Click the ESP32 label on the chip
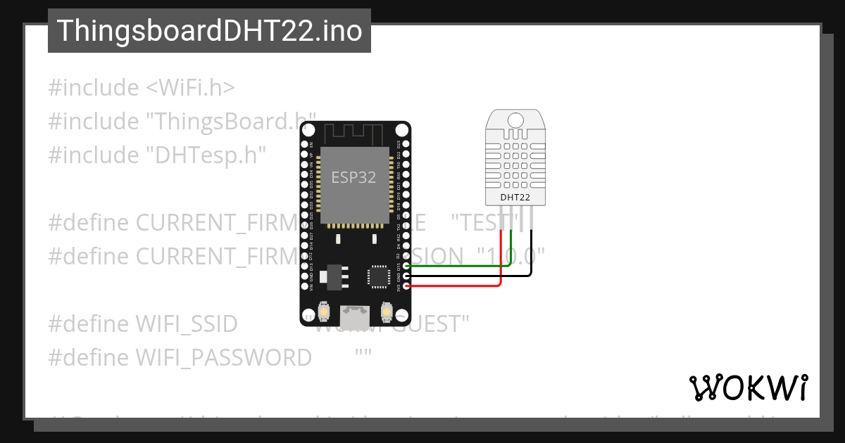[354, 177]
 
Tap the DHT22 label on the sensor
[515, 198]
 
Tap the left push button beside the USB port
[325, 310]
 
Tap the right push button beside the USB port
[386, 310]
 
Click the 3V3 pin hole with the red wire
[406, 286]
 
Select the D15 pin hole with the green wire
[406, 267]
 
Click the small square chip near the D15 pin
[378, 276]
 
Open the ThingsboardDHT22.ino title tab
[209, 31]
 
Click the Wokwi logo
[748, 387]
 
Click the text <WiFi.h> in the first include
[190, 88]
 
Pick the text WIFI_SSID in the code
[186, 324]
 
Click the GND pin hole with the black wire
[406, 276]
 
